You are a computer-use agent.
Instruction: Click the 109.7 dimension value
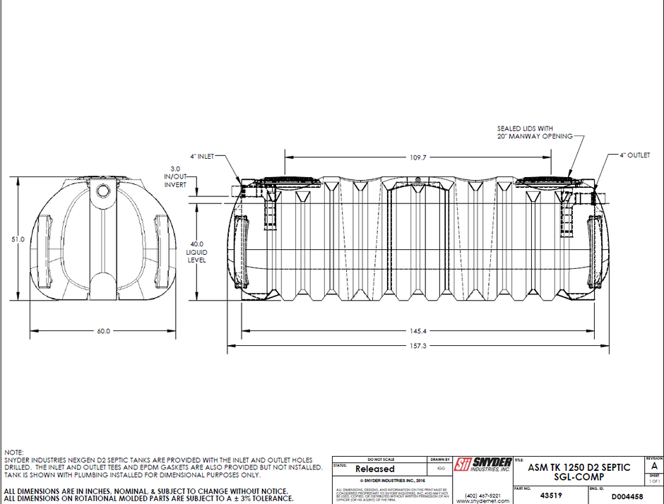[x=419, y=157]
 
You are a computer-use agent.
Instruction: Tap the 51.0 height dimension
[x=18, y=240]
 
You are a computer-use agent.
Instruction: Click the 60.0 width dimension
[x=103, y=331]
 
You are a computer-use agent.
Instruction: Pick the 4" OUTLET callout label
[x=634, y=155]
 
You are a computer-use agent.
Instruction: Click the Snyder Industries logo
[x=482, y=464]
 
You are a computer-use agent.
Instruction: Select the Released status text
[x=374, y=469]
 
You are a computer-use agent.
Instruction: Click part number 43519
[x=541, y=496]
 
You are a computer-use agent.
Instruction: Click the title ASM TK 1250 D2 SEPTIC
[x=579, y=467]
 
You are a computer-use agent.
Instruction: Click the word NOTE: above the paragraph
[x=14, y=451]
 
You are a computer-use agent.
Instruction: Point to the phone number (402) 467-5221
[x=483, y=494]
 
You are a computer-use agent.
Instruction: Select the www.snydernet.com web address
[x=483, y=500]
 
